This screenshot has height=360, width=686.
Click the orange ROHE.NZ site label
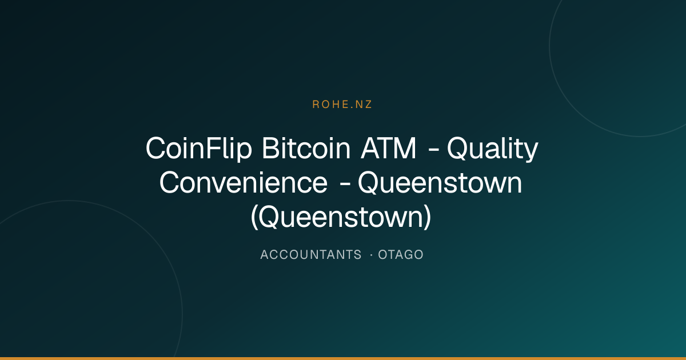[342, 105]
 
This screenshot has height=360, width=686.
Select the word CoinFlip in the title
[199, 149]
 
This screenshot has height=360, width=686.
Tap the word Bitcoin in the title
[306, 148]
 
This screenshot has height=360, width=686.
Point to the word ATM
[388, 148]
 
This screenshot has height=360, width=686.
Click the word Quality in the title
[492, 149]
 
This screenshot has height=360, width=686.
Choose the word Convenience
[244, 183]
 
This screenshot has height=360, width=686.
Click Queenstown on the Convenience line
[440, 183]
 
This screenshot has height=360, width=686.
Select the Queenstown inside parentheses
[341, 217]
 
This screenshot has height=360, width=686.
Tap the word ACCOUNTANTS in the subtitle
[311, 255]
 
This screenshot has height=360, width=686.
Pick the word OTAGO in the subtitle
[401, 255]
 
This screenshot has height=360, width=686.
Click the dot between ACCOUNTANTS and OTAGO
[371, 255]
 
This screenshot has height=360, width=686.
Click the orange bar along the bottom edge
[343, 358]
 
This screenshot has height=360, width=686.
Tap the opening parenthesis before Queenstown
[254, 217]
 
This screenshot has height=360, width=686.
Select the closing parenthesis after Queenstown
[428, 217]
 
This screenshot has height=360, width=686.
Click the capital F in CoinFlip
[213, 148]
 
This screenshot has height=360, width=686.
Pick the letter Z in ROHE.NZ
[368, 105]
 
